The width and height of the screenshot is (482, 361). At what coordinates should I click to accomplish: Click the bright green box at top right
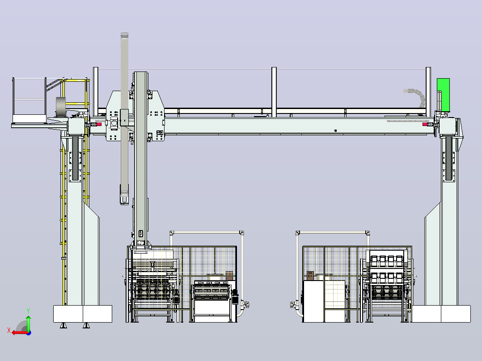coord(443,95)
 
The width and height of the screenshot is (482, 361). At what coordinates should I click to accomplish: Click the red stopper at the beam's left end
coord(99,124)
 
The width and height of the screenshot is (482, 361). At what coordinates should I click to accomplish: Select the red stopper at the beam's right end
coord(425,124)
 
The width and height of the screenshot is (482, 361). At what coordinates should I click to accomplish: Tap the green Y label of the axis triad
coord(28,311)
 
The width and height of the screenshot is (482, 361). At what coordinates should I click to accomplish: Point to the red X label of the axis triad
coord(9,330)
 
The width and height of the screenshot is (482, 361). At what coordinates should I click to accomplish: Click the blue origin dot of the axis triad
coord(29,333)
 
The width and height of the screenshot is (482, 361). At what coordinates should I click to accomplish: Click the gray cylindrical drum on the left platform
coord(61,107)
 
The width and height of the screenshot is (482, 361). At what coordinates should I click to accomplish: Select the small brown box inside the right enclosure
coord(310,276)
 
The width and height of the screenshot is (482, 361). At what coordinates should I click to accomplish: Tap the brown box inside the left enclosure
coord(229,275)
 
